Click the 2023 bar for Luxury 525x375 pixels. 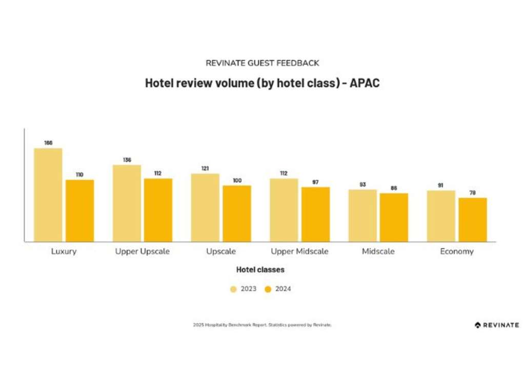[48, 195]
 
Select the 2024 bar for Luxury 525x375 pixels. [80, 210]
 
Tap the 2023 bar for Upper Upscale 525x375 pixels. [127, 203]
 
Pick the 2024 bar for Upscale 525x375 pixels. [237, 213]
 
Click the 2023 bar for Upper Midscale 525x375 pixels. [284, 210]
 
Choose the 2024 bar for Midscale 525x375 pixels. [394, 218]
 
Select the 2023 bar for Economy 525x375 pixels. [441, 216]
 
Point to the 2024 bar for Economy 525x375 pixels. [473, 220]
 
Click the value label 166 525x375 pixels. [48, 143]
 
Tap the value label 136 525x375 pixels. [127, 160]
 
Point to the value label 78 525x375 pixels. [473, 192]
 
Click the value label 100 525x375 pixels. [237, 180]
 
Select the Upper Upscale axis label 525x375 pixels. [142, 251]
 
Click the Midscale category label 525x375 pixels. [378, 251]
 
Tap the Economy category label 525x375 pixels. [457, 251]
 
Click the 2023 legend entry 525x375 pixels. [244, 289]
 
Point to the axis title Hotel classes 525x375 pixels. [260, 269]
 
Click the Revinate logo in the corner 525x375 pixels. [497, 325]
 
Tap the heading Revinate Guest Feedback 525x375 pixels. [262, 63]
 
